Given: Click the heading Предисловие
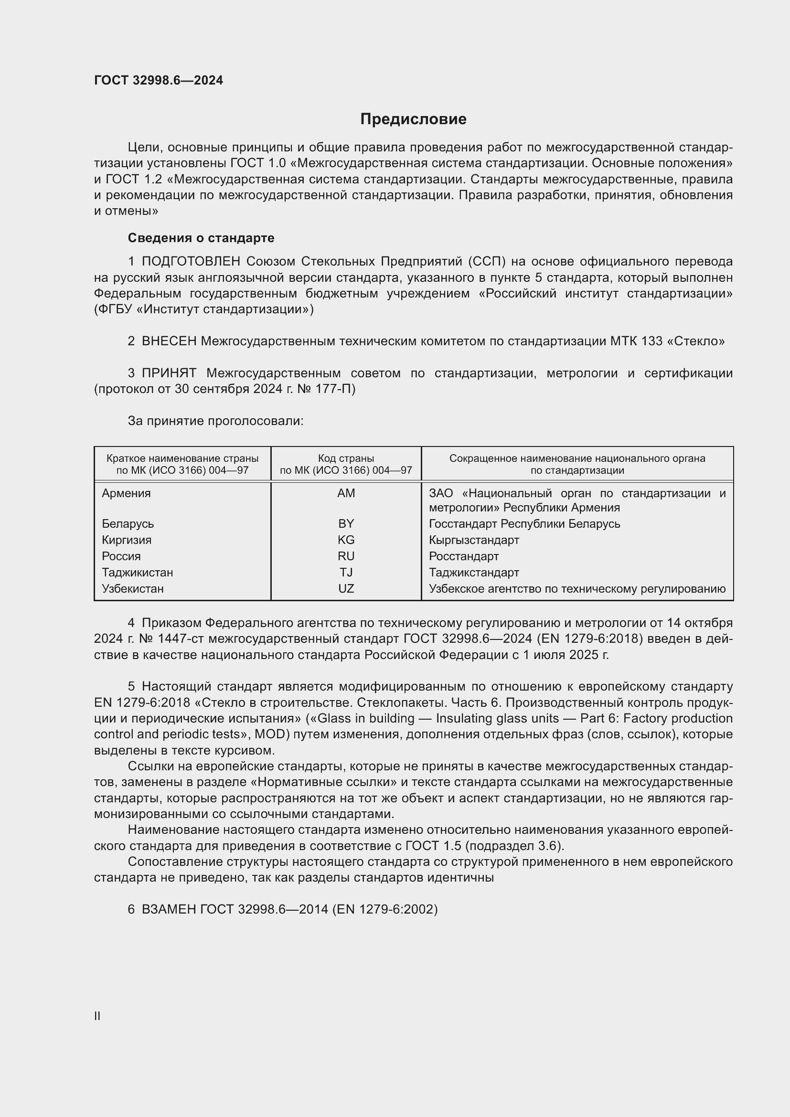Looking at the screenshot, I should click(x=413, y=119).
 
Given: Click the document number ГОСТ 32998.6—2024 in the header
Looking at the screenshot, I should click(x=159, y=80).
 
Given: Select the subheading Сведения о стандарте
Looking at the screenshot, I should click(x=201, y=238).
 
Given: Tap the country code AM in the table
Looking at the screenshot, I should click(x=346, y=493).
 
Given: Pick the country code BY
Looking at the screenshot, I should click(x=346, y=524).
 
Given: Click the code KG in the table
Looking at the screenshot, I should click(x=346, y=540).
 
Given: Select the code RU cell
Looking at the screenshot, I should click(x=346, y=556).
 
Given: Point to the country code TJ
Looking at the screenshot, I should click(x=346, y=572).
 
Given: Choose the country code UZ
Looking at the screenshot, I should click(x=346, y=589).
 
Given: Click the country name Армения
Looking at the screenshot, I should click(x=127, y=493).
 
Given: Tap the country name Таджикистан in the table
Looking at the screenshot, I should click(x=137, y=572).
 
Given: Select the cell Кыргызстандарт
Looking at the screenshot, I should click(x=474, y=540).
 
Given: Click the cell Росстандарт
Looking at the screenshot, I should click(x=464, y=556).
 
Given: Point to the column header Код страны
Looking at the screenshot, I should click(x=346, y=458).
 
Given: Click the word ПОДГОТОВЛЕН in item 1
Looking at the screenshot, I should click(x=191, y=262).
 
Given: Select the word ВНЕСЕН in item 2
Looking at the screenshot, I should click(x=169, y=341).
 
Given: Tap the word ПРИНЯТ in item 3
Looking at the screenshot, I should click(x=169, y=373).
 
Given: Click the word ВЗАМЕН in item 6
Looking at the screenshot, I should click(x=169, y=909).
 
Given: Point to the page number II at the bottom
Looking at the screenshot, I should click(x=97, y=1016).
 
